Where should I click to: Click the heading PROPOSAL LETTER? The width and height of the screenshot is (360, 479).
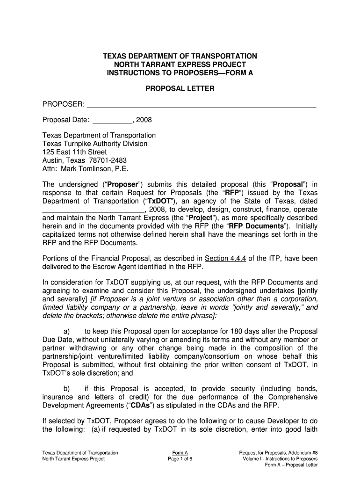click(180, 88)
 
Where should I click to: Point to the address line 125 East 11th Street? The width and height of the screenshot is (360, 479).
click(74, 152)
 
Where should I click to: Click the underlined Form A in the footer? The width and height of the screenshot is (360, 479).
click(180, 453)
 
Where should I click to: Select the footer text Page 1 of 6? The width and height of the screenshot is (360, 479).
click(180, 459)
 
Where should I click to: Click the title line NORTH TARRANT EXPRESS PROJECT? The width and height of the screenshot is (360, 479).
click(180, 64)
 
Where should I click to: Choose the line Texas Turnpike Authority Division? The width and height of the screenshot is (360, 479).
click(95, 144)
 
